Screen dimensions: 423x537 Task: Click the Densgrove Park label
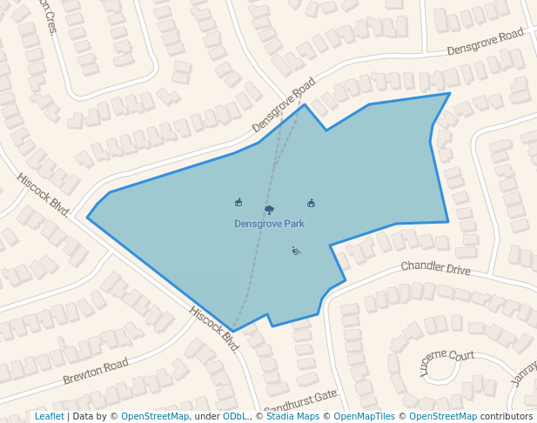269,224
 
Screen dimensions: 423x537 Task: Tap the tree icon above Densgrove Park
269,209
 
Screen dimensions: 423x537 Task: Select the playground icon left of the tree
238,202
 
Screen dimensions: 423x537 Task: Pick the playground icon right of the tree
311,203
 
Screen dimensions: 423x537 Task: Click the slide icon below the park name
297,251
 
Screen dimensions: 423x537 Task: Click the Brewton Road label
96,372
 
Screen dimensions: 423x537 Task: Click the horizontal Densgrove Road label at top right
485,42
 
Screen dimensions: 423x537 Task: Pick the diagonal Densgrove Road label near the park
284,105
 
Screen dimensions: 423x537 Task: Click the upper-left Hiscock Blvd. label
43,194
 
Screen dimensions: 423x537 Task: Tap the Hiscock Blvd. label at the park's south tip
214,328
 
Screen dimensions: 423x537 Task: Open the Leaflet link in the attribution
50,417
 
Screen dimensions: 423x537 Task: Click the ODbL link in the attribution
235,417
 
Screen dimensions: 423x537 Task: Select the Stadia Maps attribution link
292,417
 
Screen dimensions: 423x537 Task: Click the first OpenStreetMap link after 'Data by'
154,417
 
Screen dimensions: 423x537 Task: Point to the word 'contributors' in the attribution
507,417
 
